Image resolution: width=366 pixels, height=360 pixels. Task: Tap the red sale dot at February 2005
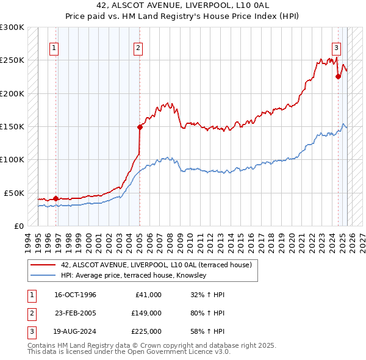pyautogui.click(x=140, y=127)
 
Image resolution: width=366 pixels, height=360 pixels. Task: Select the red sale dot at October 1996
pyautogui.click(x=56, y=198)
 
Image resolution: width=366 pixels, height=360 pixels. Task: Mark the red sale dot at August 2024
pyautogui.click(x=338, y=76)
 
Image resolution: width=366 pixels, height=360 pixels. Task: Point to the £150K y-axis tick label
pyautogui.click(x=12, y=126)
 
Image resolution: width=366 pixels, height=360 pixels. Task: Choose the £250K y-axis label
pyautogui.click(x=12, y=60)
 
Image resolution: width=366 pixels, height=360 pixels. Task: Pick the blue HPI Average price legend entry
pyautogui.click(x=134, y=276)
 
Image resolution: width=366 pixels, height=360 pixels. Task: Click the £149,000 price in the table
pyautogui.click(x=146, y=313)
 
